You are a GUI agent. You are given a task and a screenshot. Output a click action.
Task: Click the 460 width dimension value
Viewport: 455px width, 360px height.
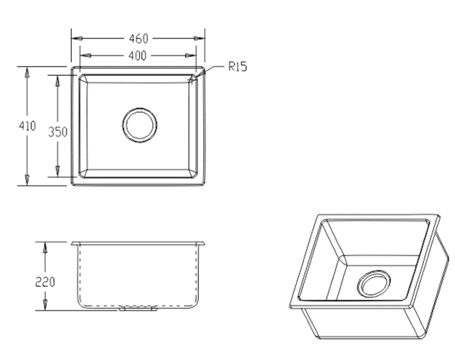tap(138, 39)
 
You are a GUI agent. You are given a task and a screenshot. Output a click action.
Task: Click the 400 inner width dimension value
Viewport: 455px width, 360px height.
tap(138, 56)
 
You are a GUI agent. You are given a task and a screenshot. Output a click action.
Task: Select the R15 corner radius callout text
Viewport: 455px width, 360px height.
tap(237, 67)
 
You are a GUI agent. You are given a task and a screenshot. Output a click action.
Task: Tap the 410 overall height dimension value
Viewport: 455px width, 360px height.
tap(27, 126)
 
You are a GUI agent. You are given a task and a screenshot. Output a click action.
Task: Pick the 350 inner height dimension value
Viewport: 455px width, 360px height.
tap(57, 132)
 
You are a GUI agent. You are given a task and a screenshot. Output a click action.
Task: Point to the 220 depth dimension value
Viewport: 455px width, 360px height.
tap(45, 281)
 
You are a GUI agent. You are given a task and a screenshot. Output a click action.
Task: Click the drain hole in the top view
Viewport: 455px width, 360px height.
tap(139, 125)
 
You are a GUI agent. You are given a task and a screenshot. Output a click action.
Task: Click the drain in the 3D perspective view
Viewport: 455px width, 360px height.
tap(375, 284)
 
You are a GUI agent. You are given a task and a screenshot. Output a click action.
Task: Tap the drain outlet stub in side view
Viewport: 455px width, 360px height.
tap(138, 309)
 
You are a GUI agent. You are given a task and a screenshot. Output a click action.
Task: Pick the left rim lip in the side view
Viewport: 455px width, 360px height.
tap(74, 244)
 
